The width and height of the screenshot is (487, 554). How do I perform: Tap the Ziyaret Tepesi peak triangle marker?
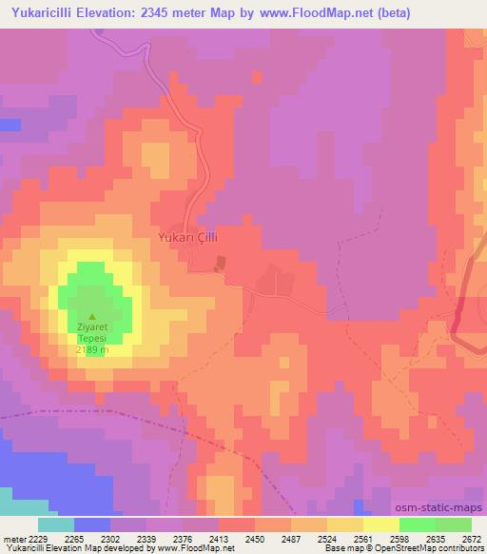[92, 318]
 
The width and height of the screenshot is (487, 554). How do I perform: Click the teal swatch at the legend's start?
[55, 524]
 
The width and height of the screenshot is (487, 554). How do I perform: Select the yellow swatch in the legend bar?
[380, 524]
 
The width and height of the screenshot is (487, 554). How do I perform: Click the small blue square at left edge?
[10, 125]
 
